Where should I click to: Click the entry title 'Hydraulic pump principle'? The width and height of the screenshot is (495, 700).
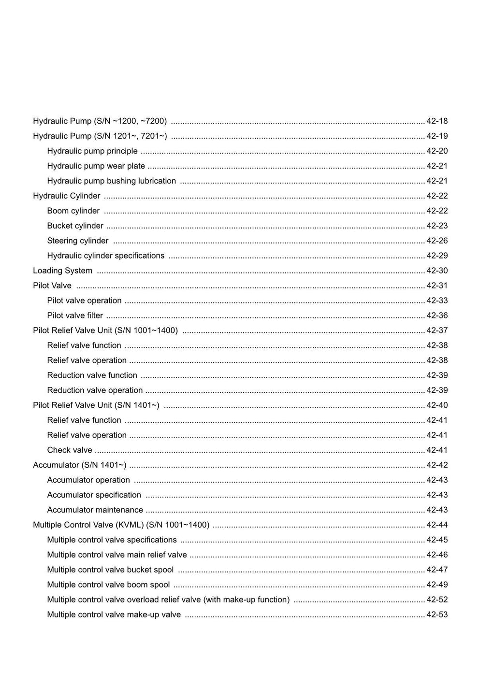coord(92,151)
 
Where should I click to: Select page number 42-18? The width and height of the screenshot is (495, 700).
coord(437,121)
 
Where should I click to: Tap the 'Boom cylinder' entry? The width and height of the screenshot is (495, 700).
coord(73,211)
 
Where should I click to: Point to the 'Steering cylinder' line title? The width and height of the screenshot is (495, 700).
coord(78,241)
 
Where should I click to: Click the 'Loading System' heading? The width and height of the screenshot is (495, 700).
coord(62,271)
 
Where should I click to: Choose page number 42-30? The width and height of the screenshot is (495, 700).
coord(437,271)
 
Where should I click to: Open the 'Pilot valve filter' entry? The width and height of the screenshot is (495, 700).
coord(75,316)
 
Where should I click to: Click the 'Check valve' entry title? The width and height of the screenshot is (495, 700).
coord(70,450)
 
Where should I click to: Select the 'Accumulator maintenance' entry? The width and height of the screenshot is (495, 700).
coord(95,510)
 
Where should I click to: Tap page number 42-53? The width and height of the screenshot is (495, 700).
coord(437,615)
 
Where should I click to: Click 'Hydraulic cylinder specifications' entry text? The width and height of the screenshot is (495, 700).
coord(106,256)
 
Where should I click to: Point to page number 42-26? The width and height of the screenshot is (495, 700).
coord(437,241)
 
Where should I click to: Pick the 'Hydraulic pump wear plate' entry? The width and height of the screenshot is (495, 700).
coord(96,166)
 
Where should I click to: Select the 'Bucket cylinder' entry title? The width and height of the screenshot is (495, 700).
coord(75,226)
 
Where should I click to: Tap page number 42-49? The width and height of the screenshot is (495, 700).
coord(437,585)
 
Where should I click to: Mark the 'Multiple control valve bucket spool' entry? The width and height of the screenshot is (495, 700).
coord(110,570)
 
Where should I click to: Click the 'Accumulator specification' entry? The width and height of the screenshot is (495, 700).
coord(94,495)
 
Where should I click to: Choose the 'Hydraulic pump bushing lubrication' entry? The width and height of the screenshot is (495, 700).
coord(112,181)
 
